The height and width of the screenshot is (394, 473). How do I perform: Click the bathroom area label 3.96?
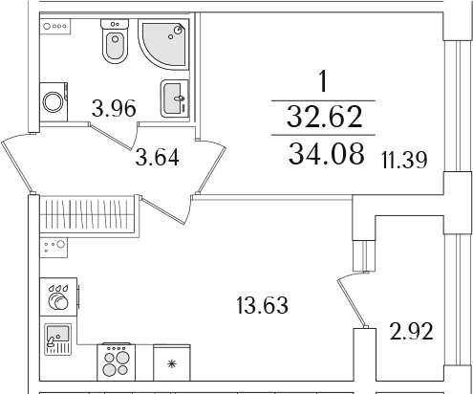point(114,108)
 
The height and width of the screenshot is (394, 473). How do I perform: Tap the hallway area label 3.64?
point(157,157)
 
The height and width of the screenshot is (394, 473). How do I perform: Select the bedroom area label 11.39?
point(404,160)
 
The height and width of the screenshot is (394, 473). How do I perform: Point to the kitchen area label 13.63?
point(263,305)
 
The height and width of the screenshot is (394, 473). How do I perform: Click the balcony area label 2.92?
point(411,332)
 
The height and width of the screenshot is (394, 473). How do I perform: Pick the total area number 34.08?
point(326,153)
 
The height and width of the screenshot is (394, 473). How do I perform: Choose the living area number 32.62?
point(325,117)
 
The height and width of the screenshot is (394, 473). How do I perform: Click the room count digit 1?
point(323,81)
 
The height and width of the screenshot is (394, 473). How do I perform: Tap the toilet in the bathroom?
point(115,41)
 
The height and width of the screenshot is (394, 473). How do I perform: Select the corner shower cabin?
point(163,44)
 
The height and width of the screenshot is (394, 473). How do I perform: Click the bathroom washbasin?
point(174,98)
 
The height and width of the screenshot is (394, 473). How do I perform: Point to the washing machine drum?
point(54,102)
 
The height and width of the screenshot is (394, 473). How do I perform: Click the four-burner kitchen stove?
point(117,361)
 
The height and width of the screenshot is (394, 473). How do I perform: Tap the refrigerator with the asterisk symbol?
point(172,362)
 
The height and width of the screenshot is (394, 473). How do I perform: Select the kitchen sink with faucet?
point(57,339)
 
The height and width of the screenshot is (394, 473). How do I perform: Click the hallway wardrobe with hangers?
point(88,214)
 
